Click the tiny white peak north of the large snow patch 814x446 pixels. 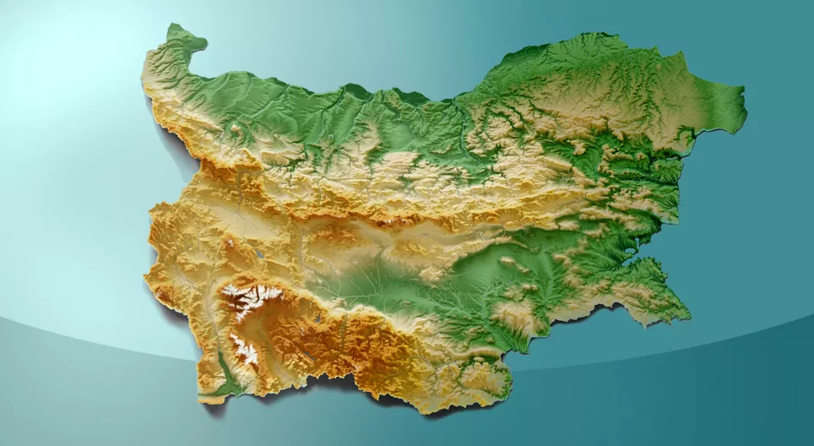[x=230, y=244]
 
